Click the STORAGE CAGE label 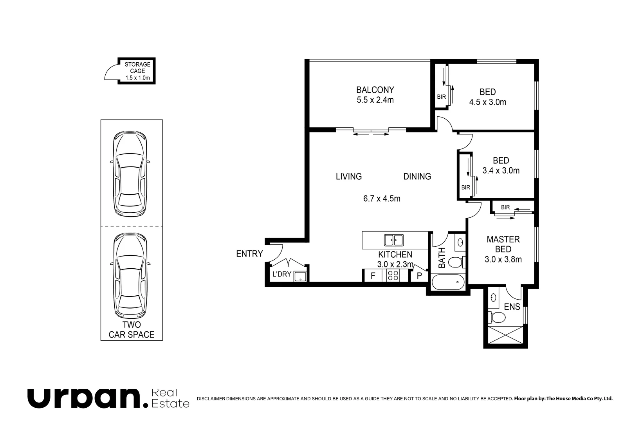138,68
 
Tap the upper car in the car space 130,174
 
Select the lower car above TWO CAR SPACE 130,276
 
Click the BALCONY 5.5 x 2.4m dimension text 375,100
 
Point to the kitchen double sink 394,240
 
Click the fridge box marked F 373,275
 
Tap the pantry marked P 419,276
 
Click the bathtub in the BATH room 448,282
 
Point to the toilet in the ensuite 497,317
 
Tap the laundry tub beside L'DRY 300,276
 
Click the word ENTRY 249,254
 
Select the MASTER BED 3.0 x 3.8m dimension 503,259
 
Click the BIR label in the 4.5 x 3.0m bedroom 441,97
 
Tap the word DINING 417,176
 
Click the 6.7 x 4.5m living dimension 382,199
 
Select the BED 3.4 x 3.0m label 501,165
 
